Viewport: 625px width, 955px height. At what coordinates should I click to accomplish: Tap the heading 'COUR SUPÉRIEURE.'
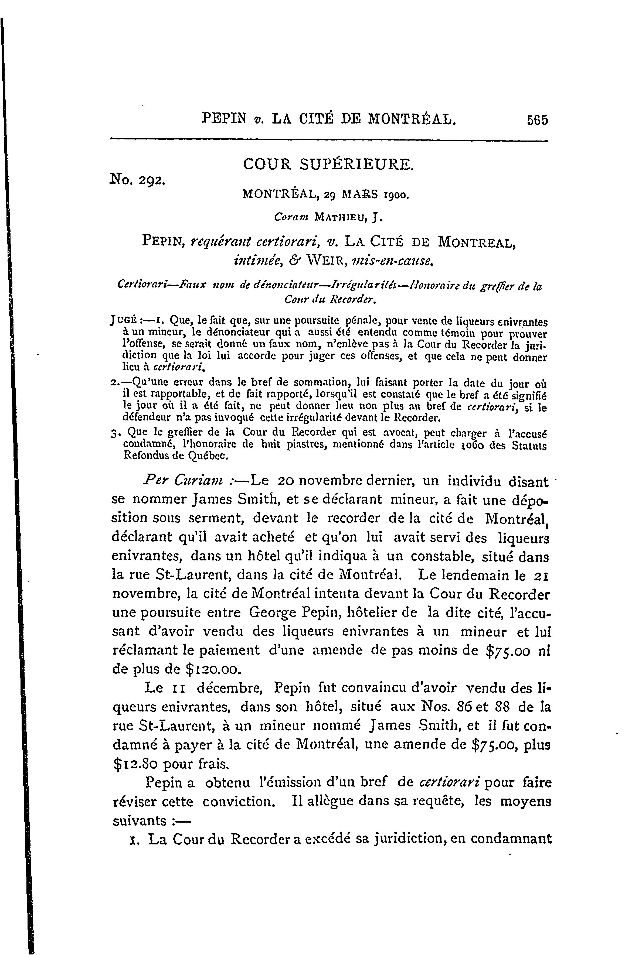pos(328,164)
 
